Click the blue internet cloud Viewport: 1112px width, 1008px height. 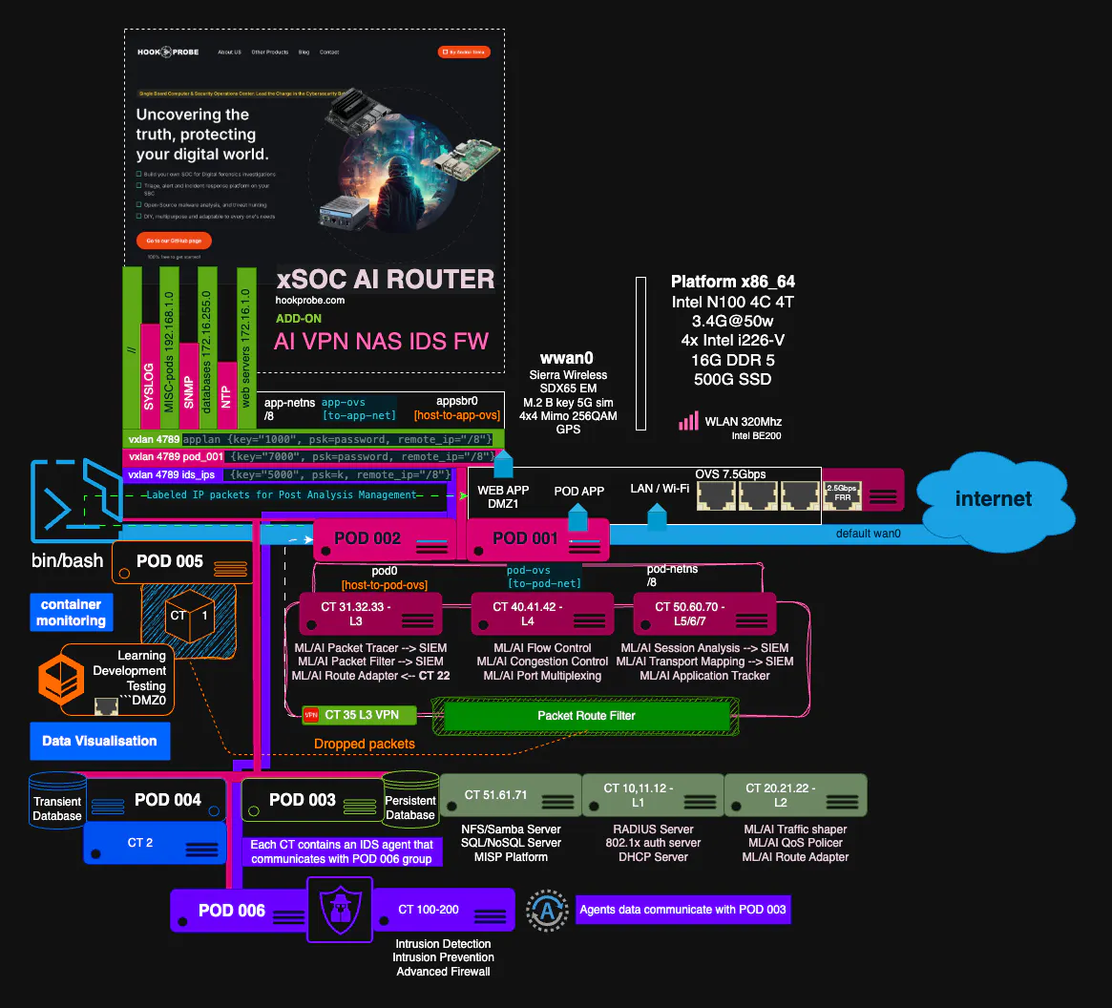tap(994, 498)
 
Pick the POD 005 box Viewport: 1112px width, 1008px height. tap(181, 562)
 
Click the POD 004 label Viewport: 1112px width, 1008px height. tap(168, 799)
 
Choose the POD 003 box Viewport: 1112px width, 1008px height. tap(311, 800)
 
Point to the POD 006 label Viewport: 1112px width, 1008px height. tap(232, 911)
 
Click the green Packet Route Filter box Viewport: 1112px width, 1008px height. tap(585, 715)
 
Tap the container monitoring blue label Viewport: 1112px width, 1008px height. tap(71, 613)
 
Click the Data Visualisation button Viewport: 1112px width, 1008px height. tap(99, 741)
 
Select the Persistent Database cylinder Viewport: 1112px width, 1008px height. tap(409, 800)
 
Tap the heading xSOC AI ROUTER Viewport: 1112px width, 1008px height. tap(386, 279)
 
